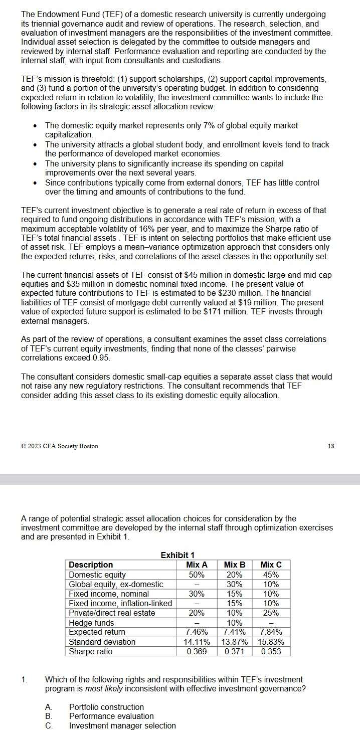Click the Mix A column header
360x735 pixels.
point(197,565)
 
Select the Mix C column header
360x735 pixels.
point(271,565)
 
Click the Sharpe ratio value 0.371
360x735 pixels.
point(235,651)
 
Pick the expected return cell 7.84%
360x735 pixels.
point(271,632)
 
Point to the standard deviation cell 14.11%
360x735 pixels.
point(197,642)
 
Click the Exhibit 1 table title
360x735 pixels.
point(177,555)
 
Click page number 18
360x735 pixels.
point(331,446)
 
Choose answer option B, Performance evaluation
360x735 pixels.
point(111,716)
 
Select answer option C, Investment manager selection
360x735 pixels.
point(122,725)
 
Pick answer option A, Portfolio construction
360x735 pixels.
point(106,707)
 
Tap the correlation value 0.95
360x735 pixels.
point(101,358)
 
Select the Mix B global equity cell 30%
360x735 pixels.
point(235,584)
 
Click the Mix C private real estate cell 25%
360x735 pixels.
point(271,613)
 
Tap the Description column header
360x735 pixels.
point(91,565)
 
